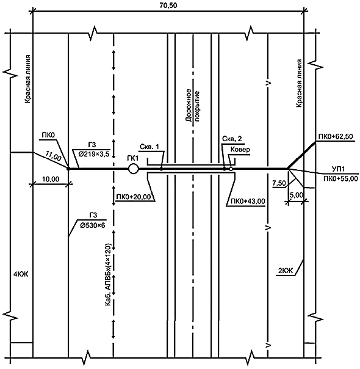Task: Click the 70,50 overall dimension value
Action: point(168,5)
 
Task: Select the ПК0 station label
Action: point(48,135)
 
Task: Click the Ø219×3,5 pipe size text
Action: point(94,155)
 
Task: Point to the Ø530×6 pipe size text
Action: point(92,225)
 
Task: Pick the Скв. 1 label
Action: point(149,147)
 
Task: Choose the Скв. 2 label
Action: point(232,139)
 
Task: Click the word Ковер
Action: point(240,150)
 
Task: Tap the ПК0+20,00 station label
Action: point(133,197)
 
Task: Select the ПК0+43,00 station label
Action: point(248,202)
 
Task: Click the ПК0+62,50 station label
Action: point(336,136)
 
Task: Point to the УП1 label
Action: point(339,169)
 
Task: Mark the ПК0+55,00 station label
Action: point(340,178)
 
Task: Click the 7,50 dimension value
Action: point(279,183)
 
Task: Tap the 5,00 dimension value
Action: point(297,195)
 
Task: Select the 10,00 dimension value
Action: point(51,180)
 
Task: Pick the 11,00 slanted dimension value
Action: point(53,156)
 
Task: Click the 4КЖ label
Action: point(21,274)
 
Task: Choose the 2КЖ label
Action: point(286,271)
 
